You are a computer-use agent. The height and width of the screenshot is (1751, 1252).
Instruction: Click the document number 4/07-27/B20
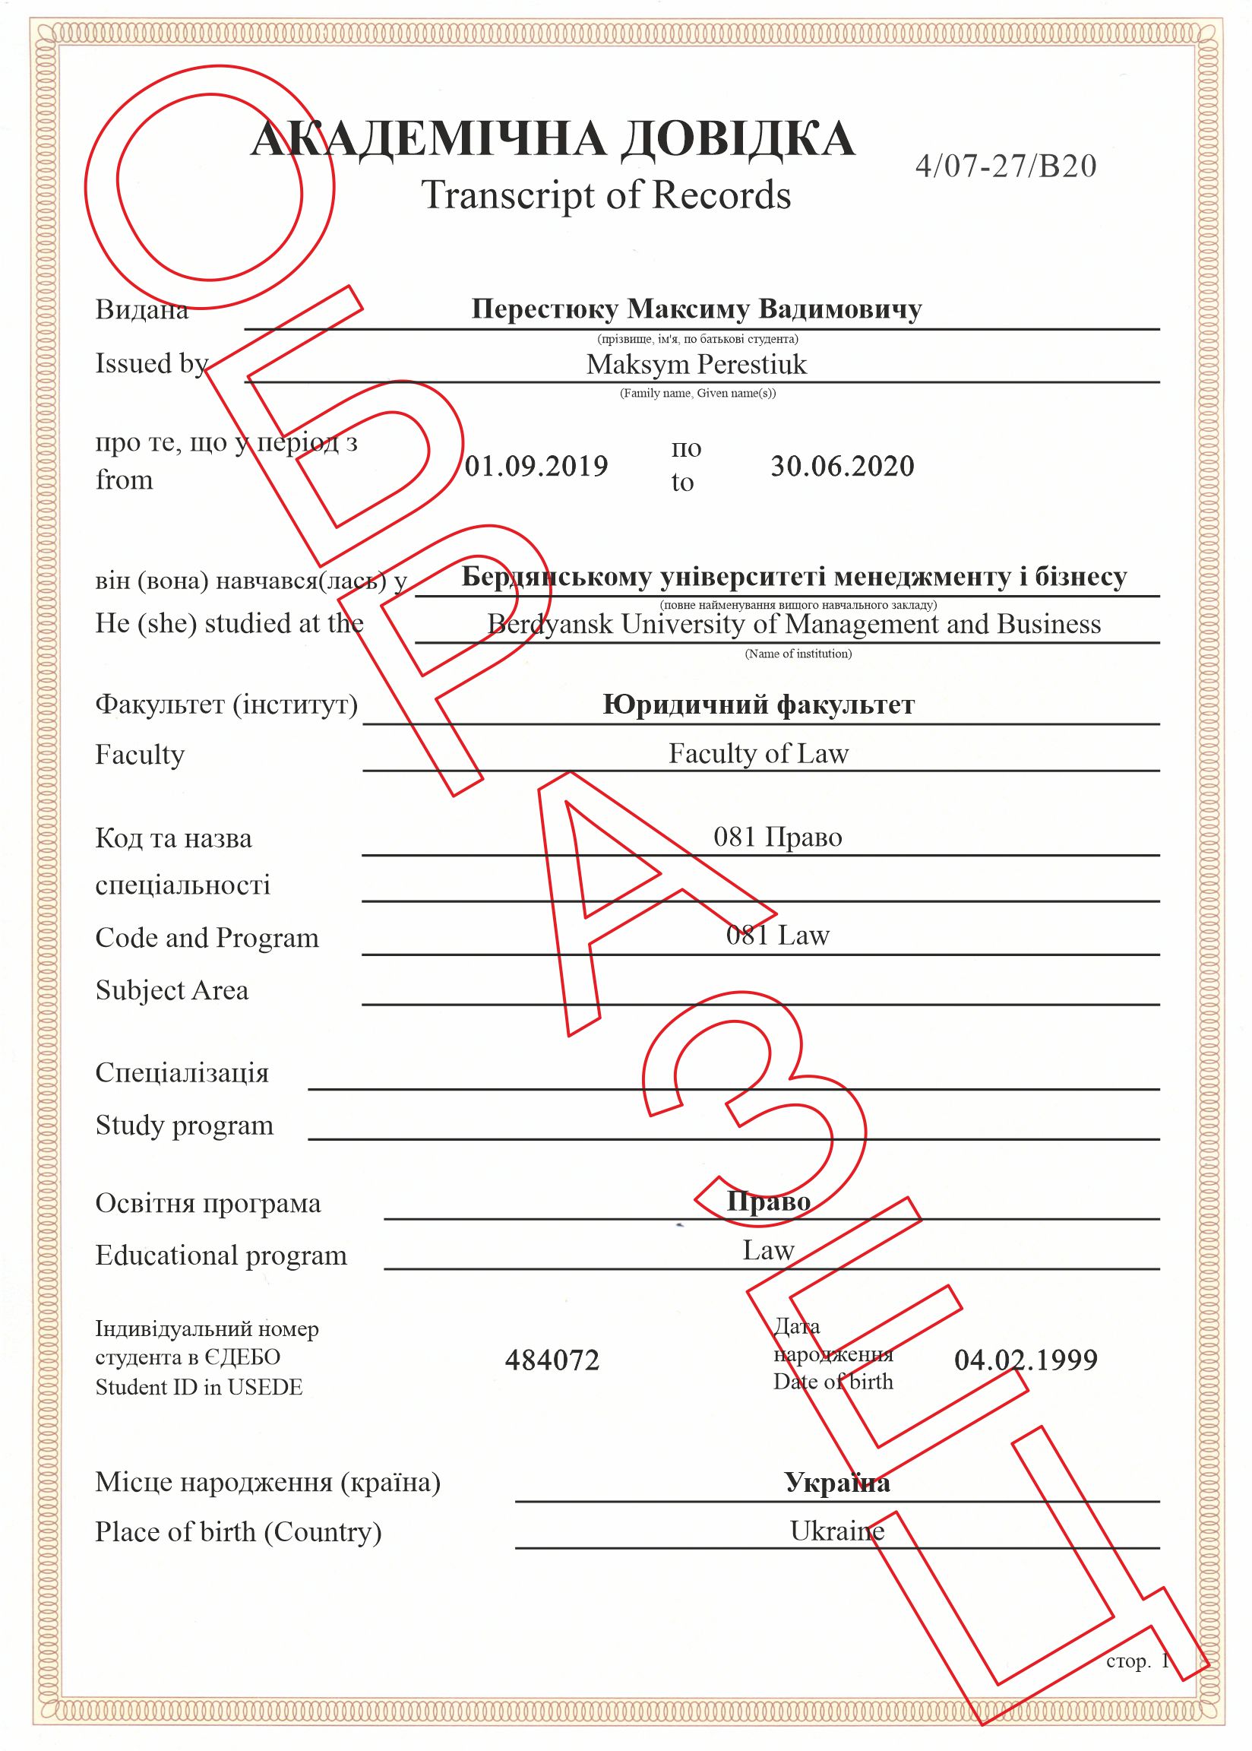1005,166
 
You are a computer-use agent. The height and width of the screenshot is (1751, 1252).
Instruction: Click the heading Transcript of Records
606,195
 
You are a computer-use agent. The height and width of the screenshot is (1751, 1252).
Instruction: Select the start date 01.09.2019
536,466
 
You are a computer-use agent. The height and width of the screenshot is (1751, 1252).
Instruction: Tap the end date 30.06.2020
842,466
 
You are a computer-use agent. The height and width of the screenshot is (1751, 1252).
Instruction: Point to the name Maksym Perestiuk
696,364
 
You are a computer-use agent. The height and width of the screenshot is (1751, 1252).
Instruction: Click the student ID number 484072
552,1360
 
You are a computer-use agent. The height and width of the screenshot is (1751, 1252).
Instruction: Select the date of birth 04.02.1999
1026,1359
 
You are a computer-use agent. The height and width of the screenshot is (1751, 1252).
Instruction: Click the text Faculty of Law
758,753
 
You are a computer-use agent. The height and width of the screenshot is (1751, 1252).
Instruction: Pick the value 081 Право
777,837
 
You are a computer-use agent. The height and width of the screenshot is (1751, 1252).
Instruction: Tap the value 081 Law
777,936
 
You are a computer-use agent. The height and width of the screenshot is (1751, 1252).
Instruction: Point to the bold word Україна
837,1482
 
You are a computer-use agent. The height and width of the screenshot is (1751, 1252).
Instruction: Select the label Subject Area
172,990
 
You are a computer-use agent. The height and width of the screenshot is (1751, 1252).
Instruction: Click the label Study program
185,1126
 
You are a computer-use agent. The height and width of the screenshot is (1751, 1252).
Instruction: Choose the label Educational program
221,1255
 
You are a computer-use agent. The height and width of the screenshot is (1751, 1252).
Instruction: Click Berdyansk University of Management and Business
793,624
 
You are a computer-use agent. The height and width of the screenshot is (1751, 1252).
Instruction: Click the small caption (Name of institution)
798,654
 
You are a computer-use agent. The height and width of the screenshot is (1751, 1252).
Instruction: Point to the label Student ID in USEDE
199,1387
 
